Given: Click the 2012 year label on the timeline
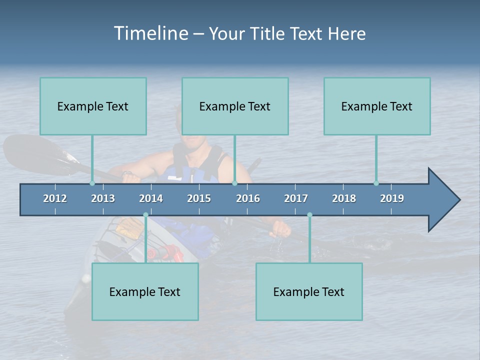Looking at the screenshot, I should [x=55, y=198].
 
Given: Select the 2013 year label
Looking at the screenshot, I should [x=103, y=198].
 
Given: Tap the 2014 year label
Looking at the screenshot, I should [x=151, y=198].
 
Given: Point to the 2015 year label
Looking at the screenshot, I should [x=199, y=198].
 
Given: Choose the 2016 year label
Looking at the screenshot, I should [x=248, y=198].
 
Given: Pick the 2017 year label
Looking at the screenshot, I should [x=296, y=198].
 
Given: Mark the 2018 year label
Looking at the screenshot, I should [x=344, y=198].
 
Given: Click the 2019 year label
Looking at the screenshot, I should [x=392, y=198].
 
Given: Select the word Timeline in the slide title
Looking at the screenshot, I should [x=150, y=33].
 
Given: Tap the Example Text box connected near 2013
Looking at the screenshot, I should [x=93, y=106].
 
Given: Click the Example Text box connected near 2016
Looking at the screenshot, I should [x=235, y=106].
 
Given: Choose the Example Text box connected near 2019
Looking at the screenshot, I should [x=377, y=106].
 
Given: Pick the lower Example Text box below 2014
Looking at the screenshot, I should [x=145, y=291].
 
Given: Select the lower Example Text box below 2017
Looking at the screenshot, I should [x=309, y=291].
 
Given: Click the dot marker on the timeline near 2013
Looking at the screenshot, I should [x=92, y=183].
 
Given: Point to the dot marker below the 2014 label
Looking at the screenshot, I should [x=145, y=215].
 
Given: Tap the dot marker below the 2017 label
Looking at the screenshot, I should [x=309, y=215].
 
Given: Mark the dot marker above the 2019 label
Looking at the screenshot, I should [x=376, y=183].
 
